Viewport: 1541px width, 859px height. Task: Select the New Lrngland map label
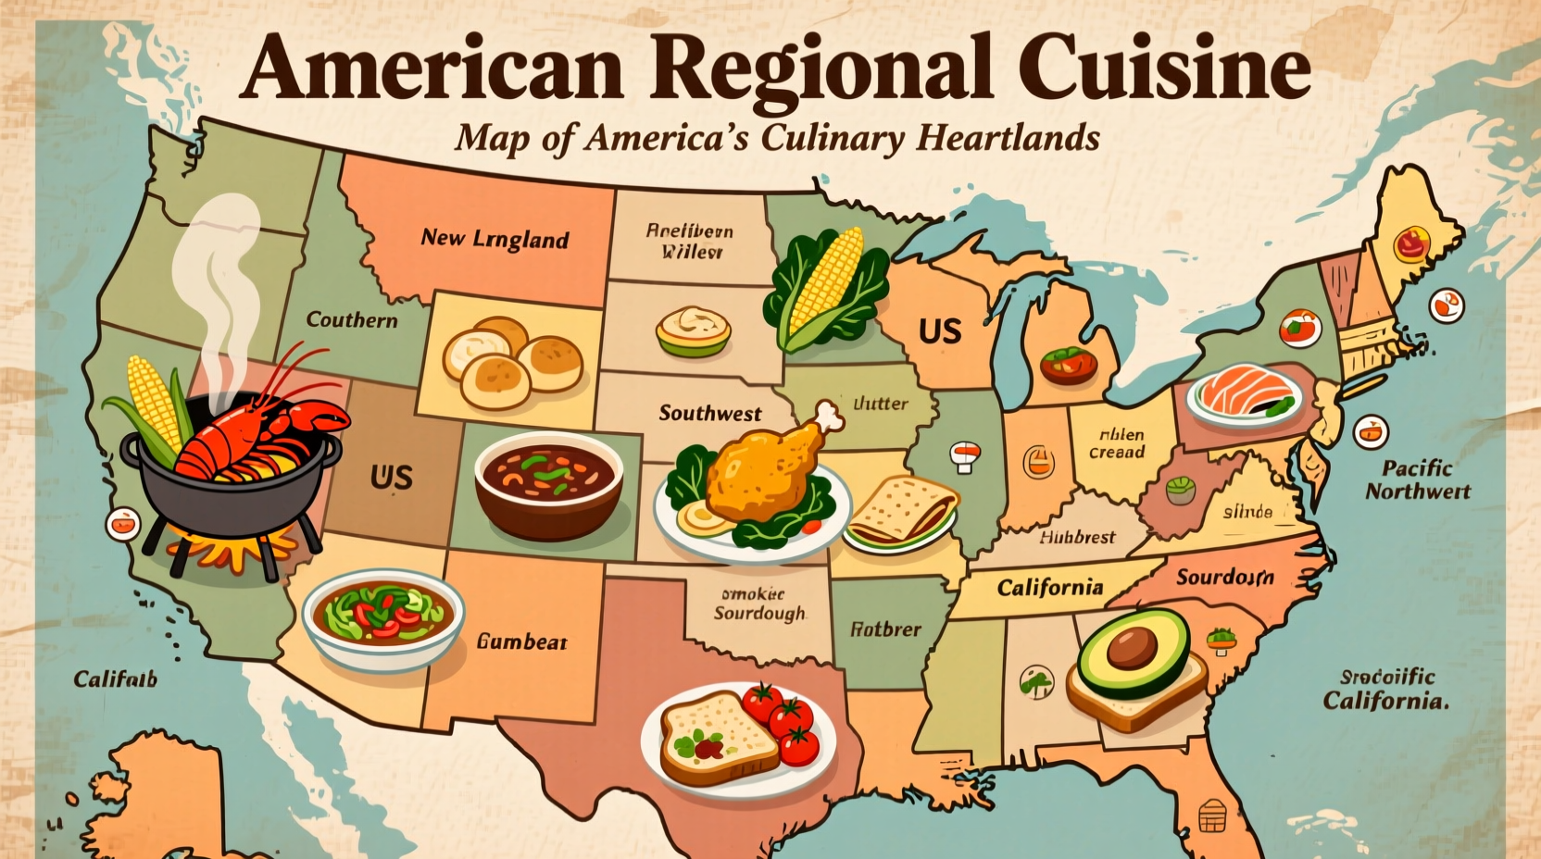click(x=495, y=239)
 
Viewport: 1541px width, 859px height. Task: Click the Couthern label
click(x=352, y=320)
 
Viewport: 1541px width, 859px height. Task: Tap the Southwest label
click(x=710, y=413)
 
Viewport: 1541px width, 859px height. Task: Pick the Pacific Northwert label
click(x=1417, y=479)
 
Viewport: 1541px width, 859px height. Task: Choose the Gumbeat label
click(x=521, y=641)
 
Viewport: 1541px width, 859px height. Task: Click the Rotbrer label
click(x=885, y=629)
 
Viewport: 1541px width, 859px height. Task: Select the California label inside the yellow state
click(x=1049, y=588)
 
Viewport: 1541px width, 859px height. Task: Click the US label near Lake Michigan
click(x=939, y=331)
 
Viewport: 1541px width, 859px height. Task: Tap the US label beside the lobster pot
click(x=391, y=478)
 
